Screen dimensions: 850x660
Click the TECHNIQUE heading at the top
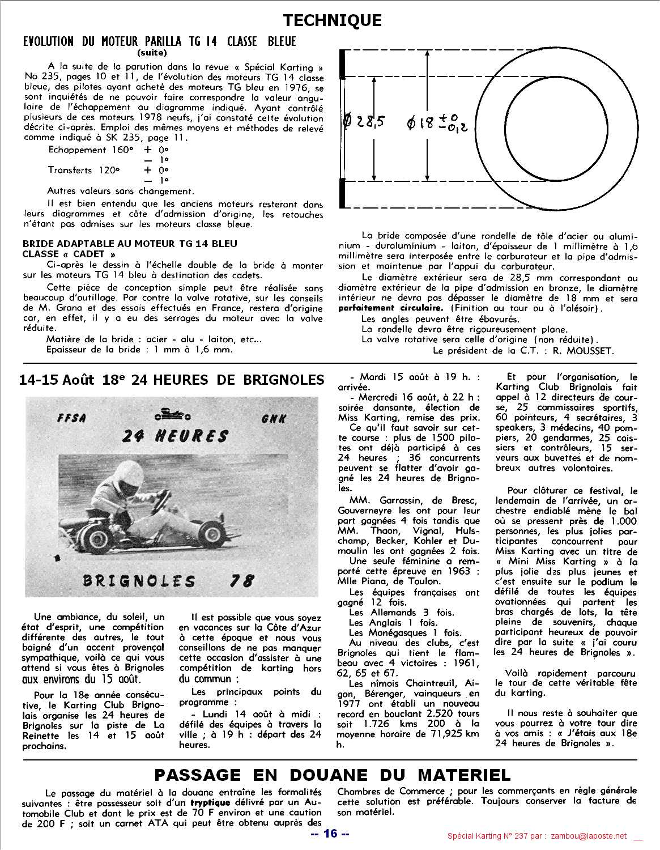point(332,20)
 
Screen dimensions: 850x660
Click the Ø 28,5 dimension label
point(364,121)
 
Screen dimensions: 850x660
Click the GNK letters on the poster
point(274,419)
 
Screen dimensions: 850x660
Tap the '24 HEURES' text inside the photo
point(176,436)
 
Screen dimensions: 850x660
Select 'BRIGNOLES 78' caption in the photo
point(168,581)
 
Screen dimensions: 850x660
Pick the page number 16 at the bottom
point(329,833)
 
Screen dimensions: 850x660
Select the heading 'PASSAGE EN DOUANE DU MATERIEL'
point(332,774)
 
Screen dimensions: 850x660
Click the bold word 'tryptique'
point(210,802)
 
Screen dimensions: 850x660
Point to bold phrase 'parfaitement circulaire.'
point(390,308)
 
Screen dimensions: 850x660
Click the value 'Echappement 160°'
point(91,150)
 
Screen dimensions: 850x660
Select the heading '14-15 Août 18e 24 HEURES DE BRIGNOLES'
point(172,379)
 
